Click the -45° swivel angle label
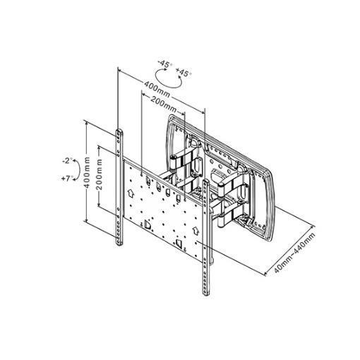point(165,64)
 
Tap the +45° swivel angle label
point(184,73)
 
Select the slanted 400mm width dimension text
point(157,89)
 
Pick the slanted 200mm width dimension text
point(163,104)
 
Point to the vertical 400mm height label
point(87,172)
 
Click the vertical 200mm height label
point(100,174)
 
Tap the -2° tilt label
point(66,161)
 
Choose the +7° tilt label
point(66,179)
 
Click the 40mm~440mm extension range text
point(294,253)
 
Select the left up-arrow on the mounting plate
point(131,193)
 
